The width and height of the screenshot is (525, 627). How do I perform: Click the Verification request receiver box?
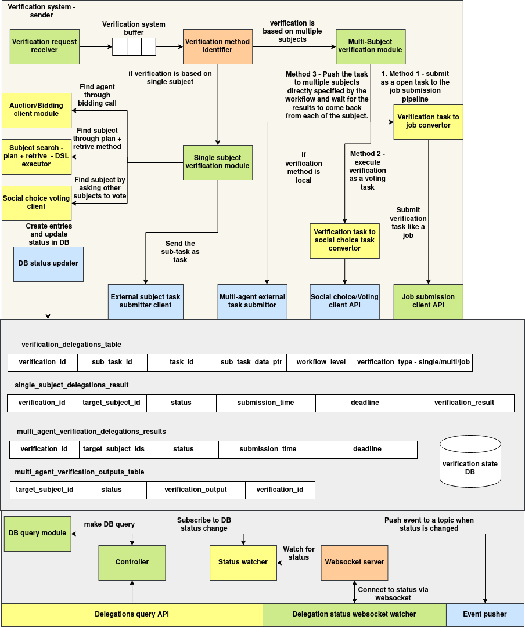(x=45, y=46)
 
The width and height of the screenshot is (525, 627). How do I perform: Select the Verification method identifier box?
(x=217, y=46)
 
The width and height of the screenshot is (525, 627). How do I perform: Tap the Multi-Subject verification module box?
(x=370, y=46)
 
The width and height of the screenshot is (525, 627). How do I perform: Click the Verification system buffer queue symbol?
(x=134, y=46)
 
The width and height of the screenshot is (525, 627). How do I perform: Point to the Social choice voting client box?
(x=37, y=202)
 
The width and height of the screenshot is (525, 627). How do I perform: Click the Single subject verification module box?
(x=217, y=162)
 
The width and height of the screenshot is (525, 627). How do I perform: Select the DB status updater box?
(x=48, y=264)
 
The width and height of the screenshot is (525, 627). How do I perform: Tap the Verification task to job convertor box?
(x=428, y=122)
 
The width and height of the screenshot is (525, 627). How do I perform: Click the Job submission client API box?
(x=428, y=301)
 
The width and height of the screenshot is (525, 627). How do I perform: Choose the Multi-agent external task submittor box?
(x=252, y=301)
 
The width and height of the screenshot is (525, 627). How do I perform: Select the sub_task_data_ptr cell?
(x=251, y=363)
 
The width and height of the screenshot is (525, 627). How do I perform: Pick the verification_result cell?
(x=464, y=403)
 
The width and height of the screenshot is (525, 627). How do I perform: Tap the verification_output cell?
(x=196, y=490)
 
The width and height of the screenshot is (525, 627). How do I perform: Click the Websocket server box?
(x=354, y=562)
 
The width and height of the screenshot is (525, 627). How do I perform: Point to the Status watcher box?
(x=243, y=562)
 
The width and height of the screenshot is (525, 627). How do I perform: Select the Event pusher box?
(x=485, y=615)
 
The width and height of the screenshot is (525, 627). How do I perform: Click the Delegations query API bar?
(x=132, y=615)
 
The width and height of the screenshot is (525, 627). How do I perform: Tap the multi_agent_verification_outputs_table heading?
(x=80, y=472)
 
